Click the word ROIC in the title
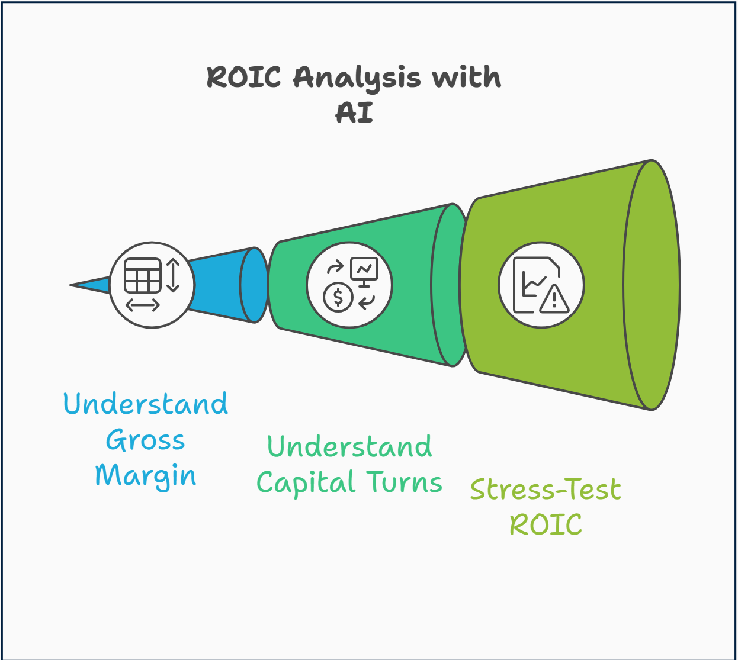tap(243, 78)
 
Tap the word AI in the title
tap(354, 112)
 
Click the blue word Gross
tap(146, 441)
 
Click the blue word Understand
tap(146, 405)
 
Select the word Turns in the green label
tap(405, 482)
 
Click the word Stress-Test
tap(546, 490)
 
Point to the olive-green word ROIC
tap(546, 525)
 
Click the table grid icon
tap(143, 276)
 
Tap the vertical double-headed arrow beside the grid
tap(173, 275)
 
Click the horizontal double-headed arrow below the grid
tap(143, 305)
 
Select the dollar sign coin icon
tap(338, 297)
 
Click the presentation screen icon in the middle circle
tap(364, 271)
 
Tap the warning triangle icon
tap(554, 299)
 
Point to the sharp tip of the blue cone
tap(72, 285)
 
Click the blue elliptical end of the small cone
tap(255, 285)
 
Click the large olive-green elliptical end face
tap(652, 285)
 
